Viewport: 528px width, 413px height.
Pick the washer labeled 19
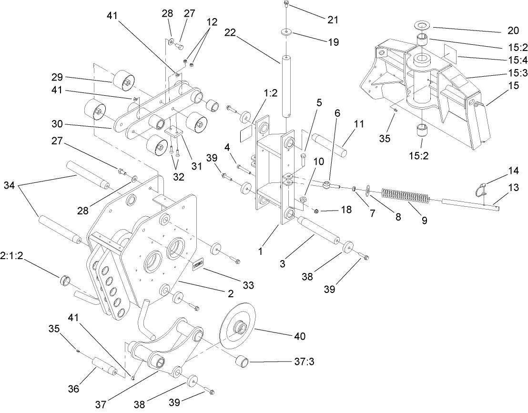point(286,32)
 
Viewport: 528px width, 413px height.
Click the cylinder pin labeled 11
point(332,142)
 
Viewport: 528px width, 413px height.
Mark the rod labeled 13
point(470,203)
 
